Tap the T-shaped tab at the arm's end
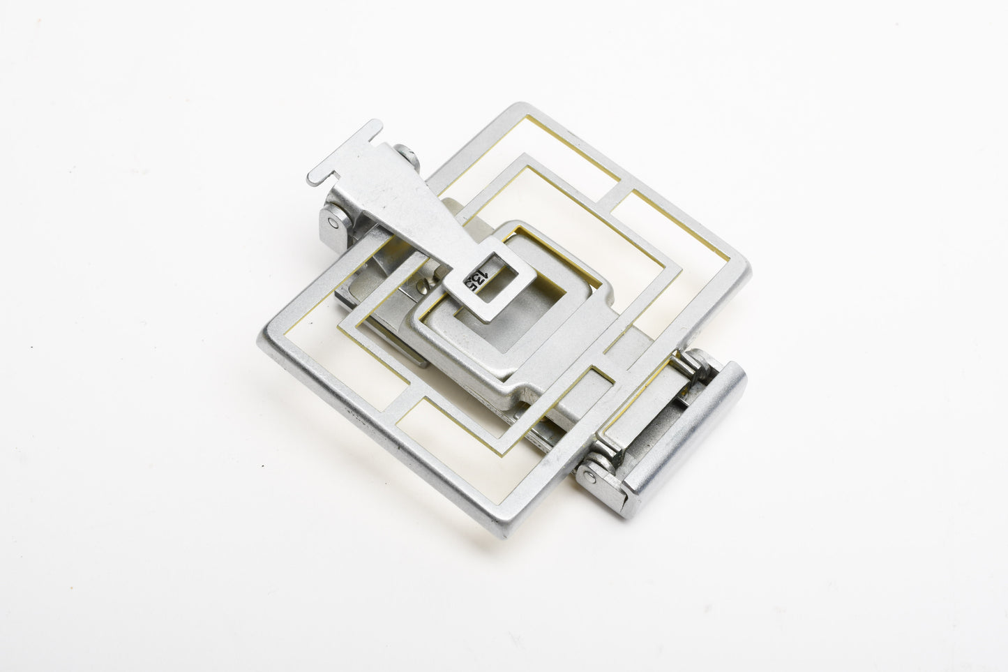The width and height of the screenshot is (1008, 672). [x=344, y=153]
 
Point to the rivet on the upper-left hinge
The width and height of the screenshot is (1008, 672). [x=333, y=222]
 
